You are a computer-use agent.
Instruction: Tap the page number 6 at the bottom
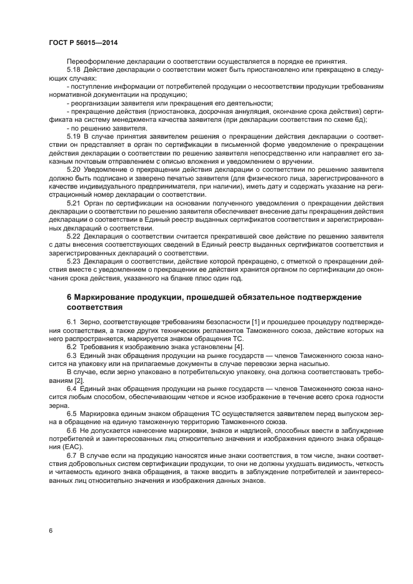(x=50, y=530)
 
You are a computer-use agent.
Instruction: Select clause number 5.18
(x=74, y=69)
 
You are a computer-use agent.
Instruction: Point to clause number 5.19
(x=74, y=135)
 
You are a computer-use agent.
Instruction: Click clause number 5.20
(x=74, y=169)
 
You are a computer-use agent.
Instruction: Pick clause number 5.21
(x=74, y=204)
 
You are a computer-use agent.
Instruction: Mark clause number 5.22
(x=74, y=237)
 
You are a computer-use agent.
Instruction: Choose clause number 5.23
(x=74, y=262)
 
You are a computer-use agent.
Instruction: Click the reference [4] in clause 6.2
(x=239, y=347)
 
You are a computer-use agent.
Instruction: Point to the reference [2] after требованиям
(x=79, y=380)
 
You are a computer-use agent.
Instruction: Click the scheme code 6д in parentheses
(x=359, y=119)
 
